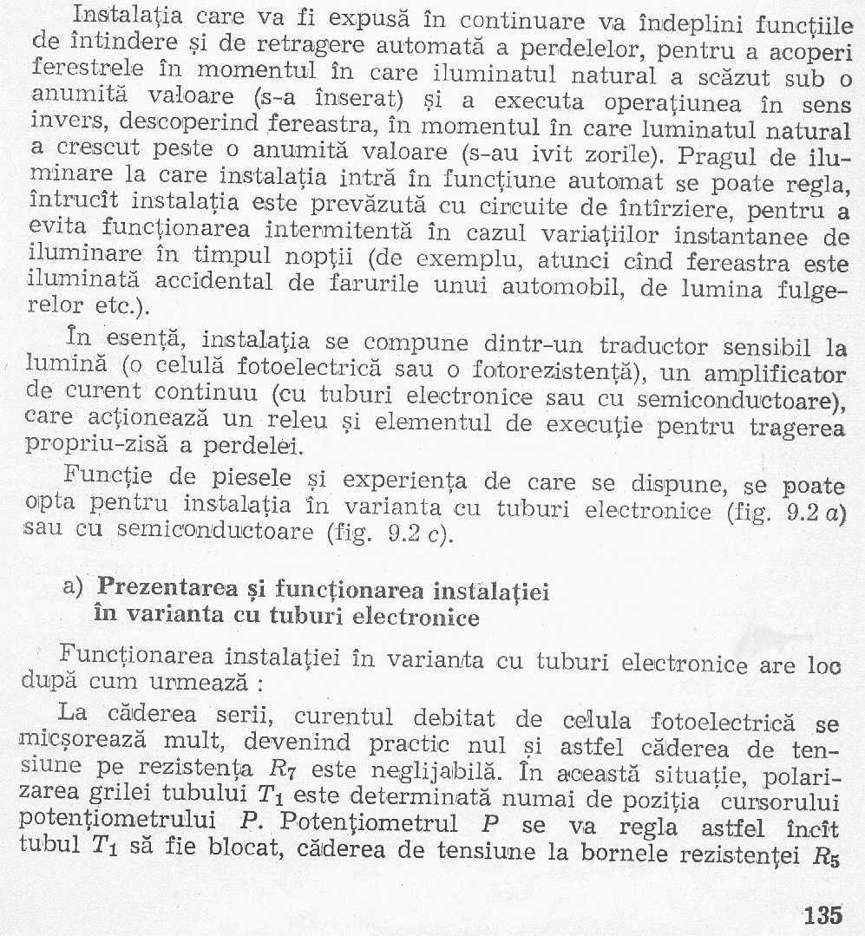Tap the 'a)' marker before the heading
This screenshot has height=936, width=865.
click(x=75, y=587)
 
